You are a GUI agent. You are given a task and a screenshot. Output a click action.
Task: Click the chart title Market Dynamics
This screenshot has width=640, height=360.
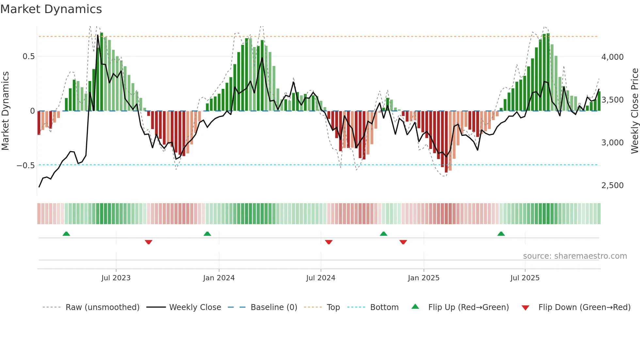(51, 9)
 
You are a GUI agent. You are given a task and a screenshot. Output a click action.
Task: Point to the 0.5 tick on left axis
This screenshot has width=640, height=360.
(29, 57)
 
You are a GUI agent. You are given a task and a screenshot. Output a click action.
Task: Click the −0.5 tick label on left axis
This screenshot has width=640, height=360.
(26, 165)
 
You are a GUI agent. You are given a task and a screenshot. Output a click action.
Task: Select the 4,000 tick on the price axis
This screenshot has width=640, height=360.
(612, 57)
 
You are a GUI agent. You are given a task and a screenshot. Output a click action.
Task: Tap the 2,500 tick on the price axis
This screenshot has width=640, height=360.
(612, 185)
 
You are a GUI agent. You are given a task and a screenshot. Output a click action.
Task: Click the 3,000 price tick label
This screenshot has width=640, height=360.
(612, 142)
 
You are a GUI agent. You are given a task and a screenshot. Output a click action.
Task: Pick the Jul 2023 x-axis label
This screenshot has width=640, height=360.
(116, 278)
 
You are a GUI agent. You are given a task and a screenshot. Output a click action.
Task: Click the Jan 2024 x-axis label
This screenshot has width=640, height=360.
(219, 278)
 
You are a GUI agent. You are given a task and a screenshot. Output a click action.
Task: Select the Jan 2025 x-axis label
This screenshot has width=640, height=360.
(424, 278)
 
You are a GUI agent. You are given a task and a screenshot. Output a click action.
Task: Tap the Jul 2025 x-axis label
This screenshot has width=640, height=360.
(525, 278)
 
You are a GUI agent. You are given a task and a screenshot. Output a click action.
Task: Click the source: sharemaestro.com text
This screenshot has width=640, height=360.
(575, 256)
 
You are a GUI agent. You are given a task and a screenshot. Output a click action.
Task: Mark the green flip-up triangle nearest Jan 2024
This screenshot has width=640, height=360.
(207, 234)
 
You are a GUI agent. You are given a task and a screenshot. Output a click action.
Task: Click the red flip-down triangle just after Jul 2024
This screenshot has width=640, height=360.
(329, 242)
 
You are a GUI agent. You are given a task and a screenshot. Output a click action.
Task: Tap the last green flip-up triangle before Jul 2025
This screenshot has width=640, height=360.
(501, 234)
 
